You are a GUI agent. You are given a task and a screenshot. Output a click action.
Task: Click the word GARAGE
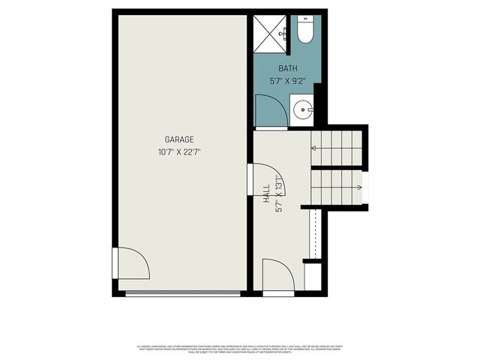click(x=180, y=139)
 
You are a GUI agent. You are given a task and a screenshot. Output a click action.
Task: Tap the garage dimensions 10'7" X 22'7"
click(x=180, y=152)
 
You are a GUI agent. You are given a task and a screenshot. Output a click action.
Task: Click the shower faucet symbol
click(x=283, y=33)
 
